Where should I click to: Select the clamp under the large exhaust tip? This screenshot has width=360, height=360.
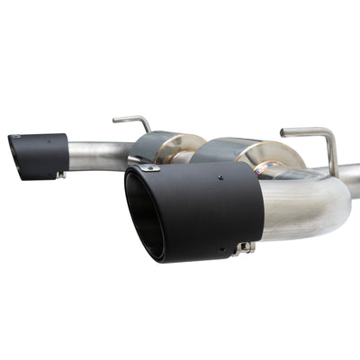243,247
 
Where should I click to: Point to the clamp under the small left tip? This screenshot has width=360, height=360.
60,173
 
